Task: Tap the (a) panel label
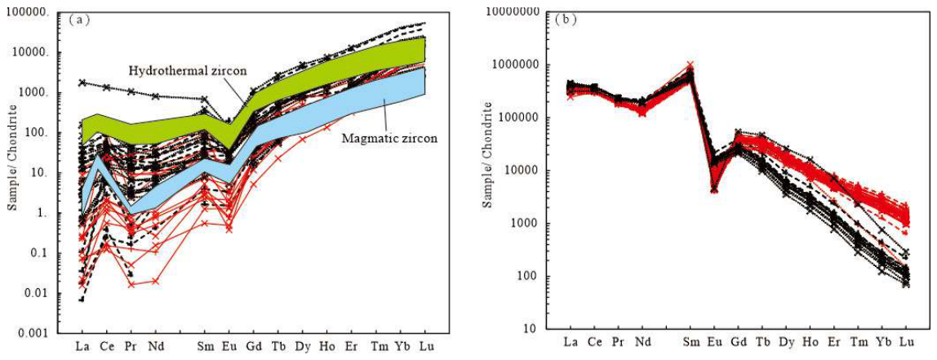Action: pyautogui.click(x=79, y=19)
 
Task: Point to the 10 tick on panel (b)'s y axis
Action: pyautogui.click(x=535, y=329)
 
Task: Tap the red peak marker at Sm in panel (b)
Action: pyautogui.click(x=691, y=64)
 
